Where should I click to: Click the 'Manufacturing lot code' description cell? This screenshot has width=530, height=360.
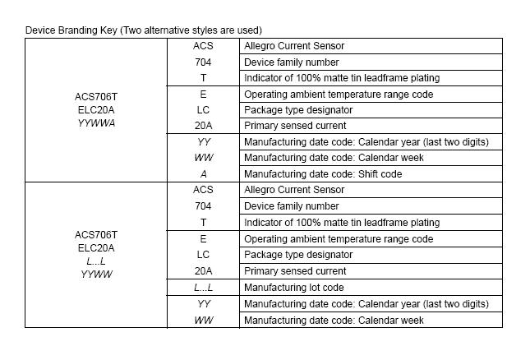click(x=293, y=288)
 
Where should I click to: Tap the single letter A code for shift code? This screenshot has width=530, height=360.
click(x=203, y=174)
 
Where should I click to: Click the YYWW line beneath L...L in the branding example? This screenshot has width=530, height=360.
click(x=97, y=274)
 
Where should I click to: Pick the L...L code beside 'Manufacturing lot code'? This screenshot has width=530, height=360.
click(x=203, y=288)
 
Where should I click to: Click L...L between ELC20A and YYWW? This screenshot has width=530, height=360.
click(x=97, y=261)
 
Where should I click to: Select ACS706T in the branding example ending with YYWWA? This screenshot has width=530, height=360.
click(x=97, y=95)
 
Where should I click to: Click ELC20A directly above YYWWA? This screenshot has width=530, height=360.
click(x=97, y=109)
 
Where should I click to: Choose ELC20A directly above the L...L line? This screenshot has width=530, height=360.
click(x=97, y=247)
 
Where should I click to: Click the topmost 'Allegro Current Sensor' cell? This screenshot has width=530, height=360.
click(x=294, y=46)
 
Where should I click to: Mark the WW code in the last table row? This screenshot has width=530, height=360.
click(x=203, y=321)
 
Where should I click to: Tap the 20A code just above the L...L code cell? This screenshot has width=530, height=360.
click(x=203, y=271)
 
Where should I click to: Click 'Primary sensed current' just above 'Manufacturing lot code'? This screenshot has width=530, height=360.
click(x=295, y=271)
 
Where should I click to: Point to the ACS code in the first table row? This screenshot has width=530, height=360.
click(x=203, y=46)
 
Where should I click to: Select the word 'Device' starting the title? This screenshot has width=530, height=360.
click(x=40, y=30)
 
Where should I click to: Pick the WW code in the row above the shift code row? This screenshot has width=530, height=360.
click(x=203, y=158)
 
